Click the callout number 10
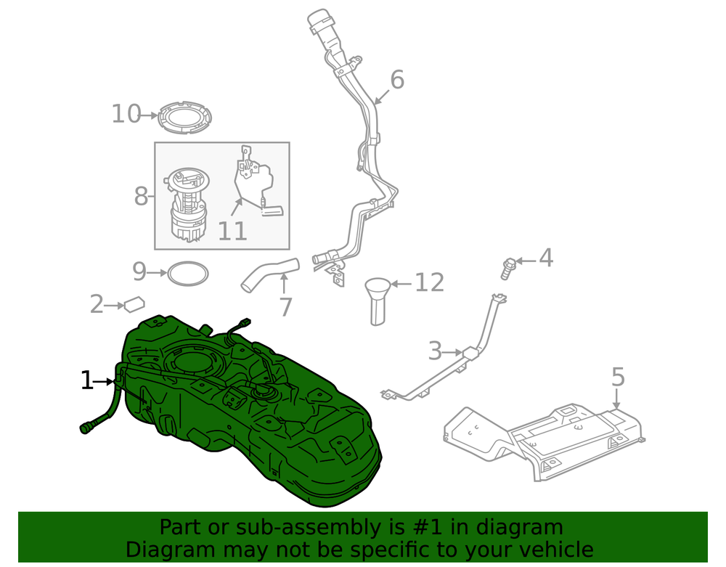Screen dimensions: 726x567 tap(126, 114)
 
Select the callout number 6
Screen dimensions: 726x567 tap(397, 80)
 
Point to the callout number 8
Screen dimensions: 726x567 tap(141, 196)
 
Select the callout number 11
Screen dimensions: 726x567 tap(232, 231)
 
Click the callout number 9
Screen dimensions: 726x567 tap(139, 272)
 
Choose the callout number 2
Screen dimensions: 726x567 tap(97, 304)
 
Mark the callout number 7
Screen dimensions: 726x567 tap(285, 307)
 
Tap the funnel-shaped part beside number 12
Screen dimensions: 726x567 tap(378, 301)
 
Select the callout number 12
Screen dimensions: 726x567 tap(429, 282)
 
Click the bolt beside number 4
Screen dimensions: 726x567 tap(508, 269)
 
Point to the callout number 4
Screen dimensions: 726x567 tap(546, 258)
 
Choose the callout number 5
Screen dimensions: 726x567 tap(618, 377)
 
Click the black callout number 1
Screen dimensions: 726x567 tap(86, 380)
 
